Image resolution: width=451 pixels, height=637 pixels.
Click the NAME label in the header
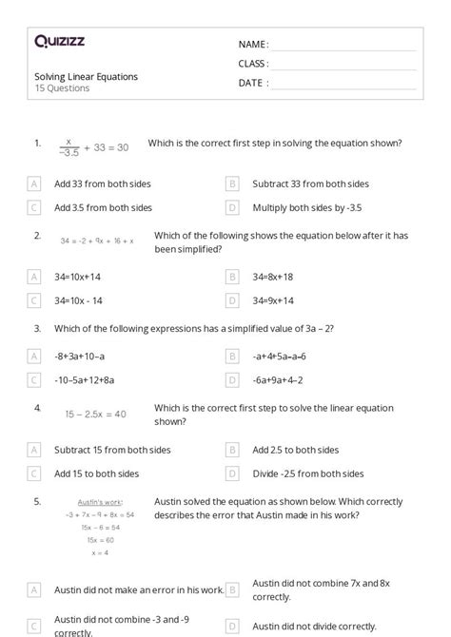pos(252,45)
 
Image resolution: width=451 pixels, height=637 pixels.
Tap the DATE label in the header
pos(252,83)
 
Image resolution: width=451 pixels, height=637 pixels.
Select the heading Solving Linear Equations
pos(87,76)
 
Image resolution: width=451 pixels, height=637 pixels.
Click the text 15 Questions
pos(63,88)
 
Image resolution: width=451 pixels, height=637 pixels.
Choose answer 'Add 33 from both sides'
pos(103,183)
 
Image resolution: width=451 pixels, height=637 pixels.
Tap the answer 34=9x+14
pos(273,300)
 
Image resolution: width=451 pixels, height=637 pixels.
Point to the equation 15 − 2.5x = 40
pos(95,414)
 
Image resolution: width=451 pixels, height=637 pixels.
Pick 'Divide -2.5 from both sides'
pos(308,473)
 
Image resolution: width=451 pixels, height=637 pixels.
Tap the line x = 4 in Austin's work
pos(100,551)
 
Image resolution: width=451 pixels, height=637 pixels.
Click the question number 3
pos(37,328)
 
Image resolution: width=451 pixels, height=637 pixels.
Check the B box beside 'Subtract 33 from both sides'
pos(232,183)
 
